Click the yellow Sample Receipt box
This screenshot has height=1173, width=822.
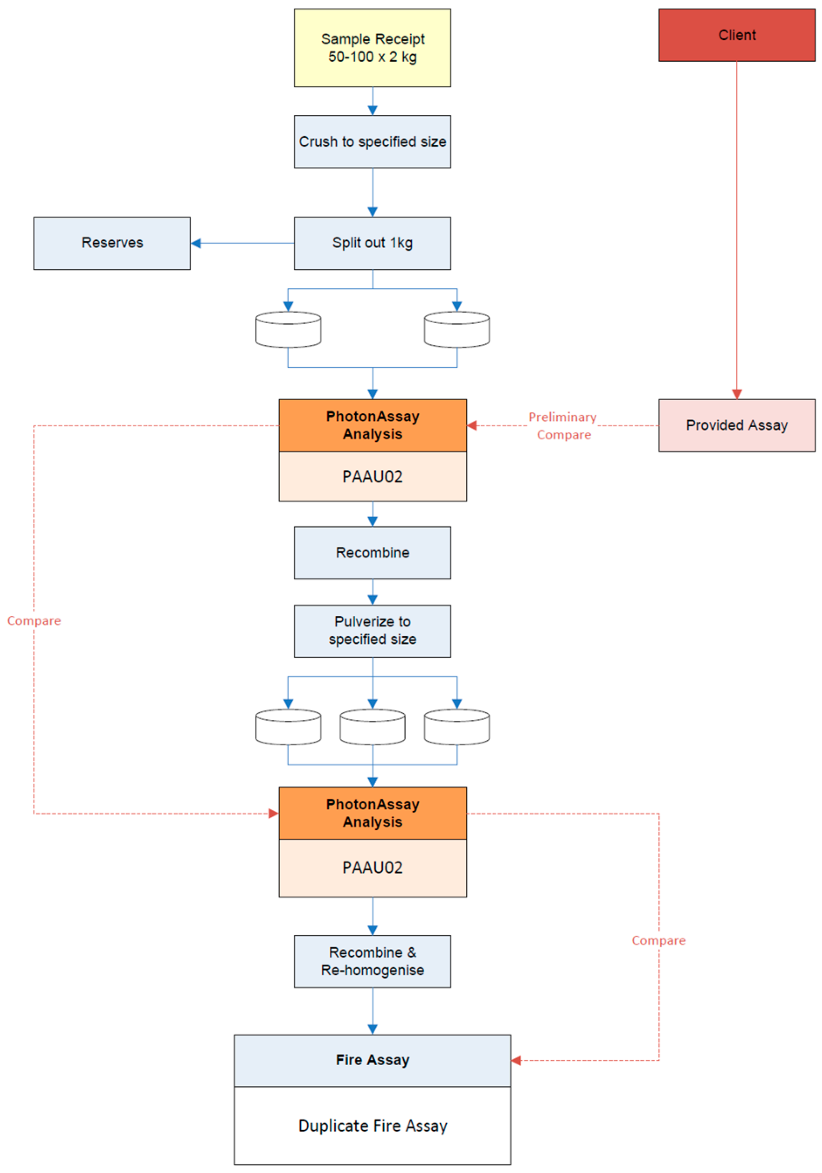pyautogui.click(x=372, y=47)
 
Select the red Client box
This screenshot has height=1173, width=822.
pyautogui.click(x=736, y=35)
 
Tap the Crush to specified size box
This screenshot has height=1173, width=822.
pyautogui.click(x=372, y=142)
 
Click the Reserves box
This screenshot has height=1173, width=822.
pyautogui.click(x=112, y=243)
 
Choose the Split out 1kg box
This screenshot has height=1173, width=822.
pyautogui.click(x=372, y=243)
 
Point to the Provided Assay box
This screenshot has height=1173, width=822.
pyautogui.click(x=736, y=425)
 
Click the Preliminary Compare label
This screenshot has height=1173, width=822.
pyautogui.click(x=562, y=425)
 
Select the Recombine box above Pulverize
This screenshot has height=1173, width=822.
pyautogui.click(x=372, y=552)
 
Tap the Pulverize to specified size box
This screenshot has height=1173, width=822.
pyautogui.click(x=372, y=631)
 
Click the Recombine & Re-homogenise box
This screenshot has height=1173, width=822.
pyautogui.click(x=372, y=961)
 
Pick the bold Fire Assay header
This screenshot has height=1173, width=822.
pyautogui.click(x=372, y=1060)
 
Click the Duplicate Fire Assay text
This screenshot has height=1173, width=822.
pyautogui.click(x=372, y=1126)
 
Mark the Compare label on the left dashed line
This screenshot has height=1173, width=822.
pyautogui.click(x=34, y=621)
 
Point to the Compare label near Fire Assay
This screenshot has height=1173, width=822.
pyautogui.click(x=658, y=940)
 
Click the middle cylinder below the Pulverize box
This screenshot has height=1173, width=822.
pyautogui.click(x=372, y=726)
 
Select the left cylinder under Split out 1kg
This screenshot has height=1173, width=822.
pyautogui.click(x=288, y=330)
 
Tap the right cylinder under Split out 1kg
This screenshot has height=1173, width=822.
pyautogui.click(x=456, y=330)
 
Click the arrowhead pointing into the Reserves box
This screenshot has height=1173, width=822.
pyautogui.click(x=196, y=243)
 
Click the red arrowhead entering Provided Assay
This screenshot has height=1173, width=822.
pyautogui.click(x=736, y=394)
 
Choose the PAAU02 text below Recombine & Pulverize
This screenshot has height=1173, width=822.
pyautogui.click(x=372, y=867)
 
